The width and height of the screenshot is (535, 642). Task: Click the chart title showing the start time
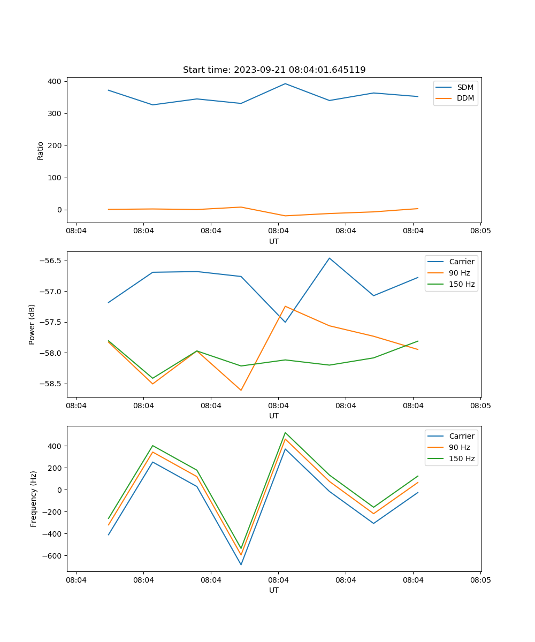pyautogui.click(x=274, y=70)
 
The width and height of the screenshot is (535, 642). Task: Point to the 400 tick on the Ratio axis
pyautogui.click(x=55, y=81)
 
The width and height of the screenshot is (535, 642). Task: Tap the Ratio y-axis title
pyautogui.click(x=41, y=150)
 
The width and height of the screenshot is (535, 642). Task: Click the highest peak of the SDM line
pyautogui.click(x=285, y=83)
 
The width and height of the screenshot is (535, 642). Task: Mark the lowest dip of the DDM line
pyautogui.click(x=285, y=216)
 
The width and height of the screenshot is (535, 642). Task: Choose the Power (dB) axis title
pyautogui.click(x=32, y=324)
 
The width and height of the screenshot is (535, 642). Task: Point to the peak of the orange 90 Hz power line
pyautogui.click(x=285, y=306)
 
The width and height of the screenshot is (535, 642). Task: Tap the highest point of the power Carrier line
pyautogui.click(x=330, y=258)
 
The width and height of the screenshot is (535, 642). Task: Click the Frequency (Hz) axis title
pyautogui.click(x=33, y=499)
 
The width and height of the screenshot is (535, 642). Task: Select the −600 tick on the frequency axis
pyautogui.click(x=52, y=555)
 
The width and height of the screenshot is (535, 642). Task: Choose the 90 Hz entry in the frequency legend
pyautogui.click(x=460, y=447)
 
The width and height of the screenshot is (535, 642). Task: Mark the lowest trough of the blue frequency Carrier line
pyautogui.click(x=241, y=564)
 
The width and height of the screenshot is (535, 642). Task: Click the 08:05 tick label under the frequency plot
pyautogui.click(x=480, y=579)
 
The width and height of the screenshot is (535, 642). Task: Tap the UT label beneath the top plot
pyautogui.click(x=274, y=241)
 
